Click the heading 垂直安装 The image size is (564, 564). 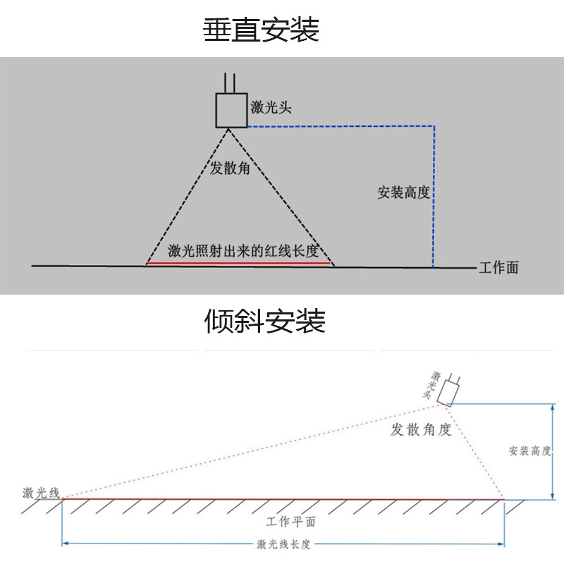[x=262, y=30]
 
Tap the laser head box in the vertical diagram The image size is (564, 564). [x=231, y=109]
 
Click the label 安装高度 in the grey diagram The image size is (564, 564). [x=403, y=192]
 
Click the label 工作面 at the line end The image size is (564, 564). [x=498, y=268]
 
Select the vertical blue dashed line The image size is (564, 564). [x=434, y=197]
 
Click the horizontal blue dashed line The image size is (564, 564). [x=338, y=127]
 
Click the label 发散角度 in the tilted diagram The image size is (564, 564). [x=421, y=429]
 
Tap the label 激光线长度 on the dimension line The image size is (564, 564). [x=284, y=544]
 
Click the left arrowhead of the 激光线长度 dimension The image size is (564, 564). [x=66, y=544]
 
